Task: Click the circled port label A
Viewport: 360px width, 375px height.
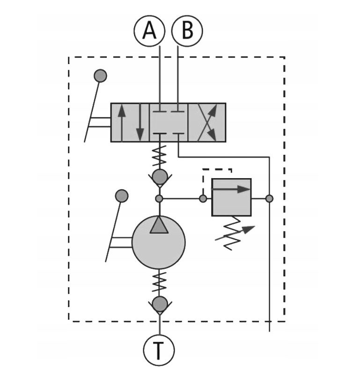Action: pyautogui.click(x=149, y=30)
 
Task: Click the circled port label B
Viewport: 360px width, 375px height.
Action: pyautogui.click(x=187, y=30)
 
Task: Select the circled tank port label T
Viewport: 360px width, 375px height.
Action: pyautogui.click(x=159, y=350)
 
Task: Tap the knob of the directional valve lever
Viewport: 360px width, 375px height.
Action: pyautogui.click(x=100, y=76)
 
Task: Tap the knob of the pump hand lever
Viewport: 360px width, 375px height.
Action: pyautogui.click(x=122, y=196)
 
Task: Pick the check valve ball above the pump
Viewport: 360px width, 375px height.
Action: pyautogui.click(x=160, y=177)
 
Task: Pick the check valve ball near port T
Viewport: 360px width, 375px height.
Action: pyautogui.click(x=160, y=304)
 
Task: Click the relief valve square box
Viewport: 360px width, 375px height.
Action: pyautogui.click(x=231, y=197)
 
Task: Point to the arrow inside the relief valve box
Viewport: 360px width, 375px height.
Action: pyautogui.click(x=231, y=189)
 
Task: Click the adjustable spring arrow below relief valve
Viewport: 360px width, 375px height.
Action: pyautogui.click(x=235, y=233)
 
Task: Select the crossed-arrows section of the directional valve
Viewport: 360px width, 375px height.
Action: pyautogui.click(x=207, y=123)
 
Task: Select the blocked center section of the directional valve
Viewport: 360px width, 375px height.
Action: pyautogui.click(x=169, y=123)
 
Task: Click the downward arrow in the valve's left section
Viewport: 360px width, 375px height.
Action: pyautogui.click(x=140, y=123)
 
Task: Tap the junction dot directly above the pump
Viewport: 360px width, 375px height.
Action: pyautogui.click(x=159, y=199)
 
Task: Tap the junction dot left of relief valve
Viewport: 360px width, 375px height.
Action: pyautogui.click(x=203, y=199)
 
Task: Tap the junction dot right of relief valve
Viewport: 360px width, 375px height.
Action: pyautogui.click(x=270, y=199)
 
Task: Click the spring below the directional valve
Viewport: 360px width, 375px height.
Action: pyautogui.click(x=160, y=156)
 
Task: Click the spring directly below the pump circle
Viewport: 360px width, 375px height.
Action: pyautogui.click(x=159, y=282)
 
